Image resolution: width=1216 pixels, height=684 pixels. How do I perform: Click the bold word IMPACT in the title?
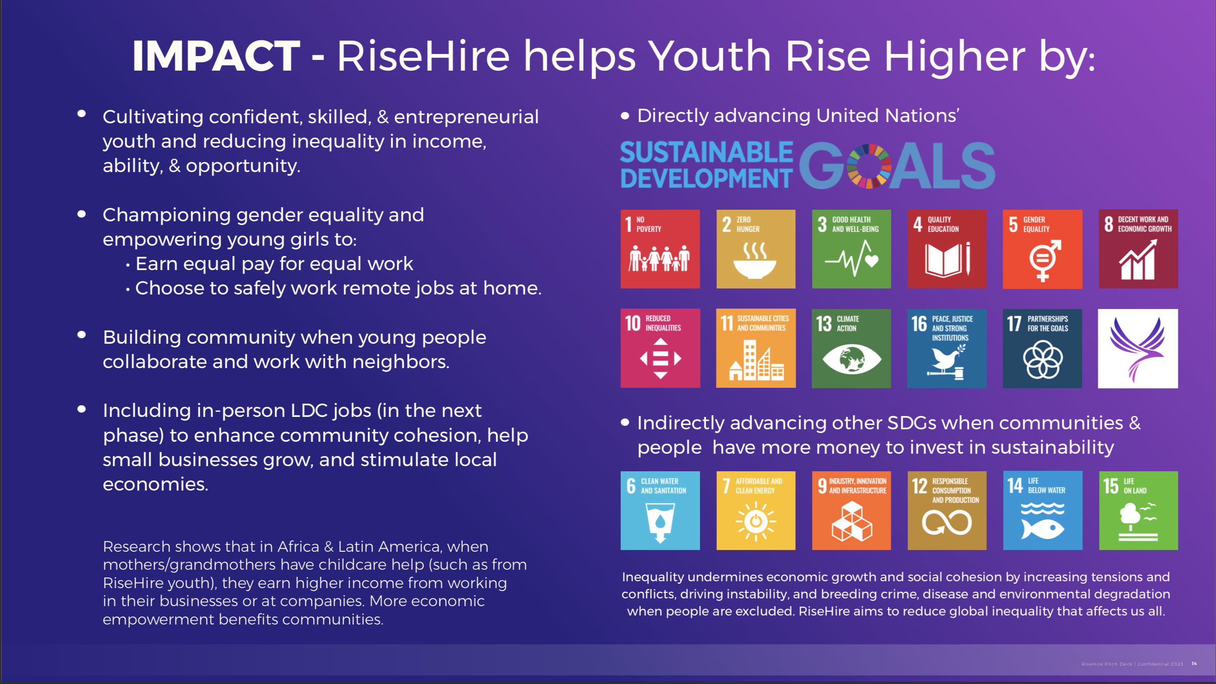pyautogui.click(x=216, y=56)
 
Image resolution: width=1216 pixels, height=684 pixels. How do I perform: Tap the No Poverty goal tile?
pyautogui.click(x=660, y=249)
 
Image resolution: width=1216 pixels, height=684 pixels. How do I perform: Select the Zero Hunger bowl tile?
pyautogui.click(x=756, y=249)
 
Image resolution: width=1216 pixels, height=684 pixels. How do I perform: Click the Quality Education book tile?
pyautogui.click(x=947, y=249)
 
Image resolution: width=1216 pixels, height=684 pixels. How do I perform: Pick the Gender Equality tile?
pyautogui.click(x=1042, y=249)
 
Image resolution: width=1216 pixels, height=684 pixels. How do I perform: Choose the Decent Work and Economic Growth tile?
pyautogui.click(x=1138, y=249)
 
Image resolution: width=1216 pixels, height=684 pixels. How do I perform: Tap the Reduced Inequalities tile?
pyautogui.click(x=660, y=348)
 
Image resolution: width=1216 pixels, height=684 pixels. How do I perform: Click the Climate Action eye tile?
pyautogui.click(x=851, y=348)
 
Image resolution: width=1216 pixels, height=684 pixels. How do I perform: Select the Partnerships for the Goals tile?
pyautogui.click(x=1042, y=348)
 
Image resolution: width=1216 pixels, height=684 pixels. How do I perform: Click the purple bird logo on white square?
pyautogui.click(x=1138, y=348)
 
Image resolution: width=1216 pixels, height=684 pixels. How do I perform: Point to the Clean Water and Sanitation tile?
pyautogui.click(x=660, y=510)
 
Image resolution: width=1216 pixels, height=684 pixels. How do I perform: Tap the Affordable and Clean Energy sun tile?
pyautogui.click(x=756, y=510)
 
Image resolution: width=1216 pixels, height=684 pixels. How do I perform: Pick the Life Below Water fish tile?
pyautogui.click(x=1042, y=510)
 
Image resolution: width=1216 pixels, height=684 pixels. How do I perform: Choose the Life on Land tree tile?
pyautogui.click(x=1138, y=510)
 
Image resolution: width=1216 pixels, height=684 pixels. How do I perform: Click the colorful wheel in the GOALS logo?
pyautogui.click(x=869, y=166)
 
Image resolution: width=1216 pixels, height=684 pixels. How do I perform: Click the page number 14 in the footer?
pyautogui.click(x=1194, y=663)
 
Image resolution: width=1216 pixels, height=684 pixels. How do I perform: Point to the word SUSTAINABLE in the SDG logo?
pyautogui.click(x=707, y=152)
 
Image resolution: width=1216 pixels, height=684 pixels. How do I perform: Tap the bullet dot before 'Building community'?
pyautogui.click(x=82, y=334)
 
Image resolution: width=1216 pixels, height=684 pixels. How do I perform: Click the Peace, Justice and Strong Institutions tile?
pyautogui.click(x=947, y=348)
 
